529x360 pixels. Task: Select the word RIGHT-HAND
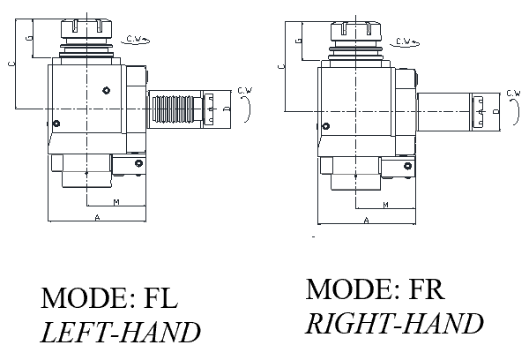click(395, 323)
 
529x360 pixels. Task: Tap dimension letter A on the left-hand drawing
click(94, 215)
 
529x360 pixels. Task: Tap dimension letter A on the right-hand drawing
click(366, 220)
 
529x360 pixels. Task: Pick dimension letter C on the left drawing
click(10, 64)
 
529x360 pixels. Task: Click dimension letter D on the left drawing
click(227, 108)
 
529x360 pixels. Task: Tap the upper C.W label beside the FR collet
click(406, 41)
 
